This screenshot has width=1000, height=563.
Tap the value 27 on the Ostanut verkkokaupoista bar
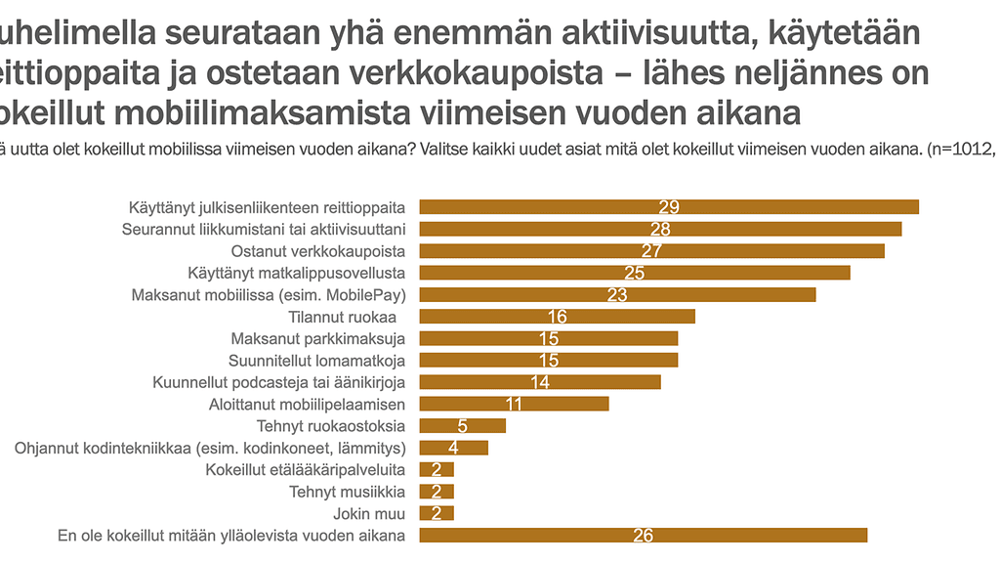[651, 251]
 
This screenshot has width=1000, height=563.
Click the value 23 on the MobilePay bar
[616, 294]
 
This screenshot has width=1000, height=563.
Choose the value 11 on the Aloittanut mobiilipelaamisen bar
[514, 404]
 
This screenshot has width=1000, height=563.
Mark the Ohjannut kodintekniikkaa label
[211, 448]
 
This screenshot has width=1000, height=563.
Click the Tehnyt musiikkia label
[347, 492]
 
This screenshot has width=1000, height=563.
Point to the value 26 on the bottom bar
[643, 535]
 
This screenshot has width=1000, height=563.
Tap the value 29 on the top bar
[669, 207]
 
